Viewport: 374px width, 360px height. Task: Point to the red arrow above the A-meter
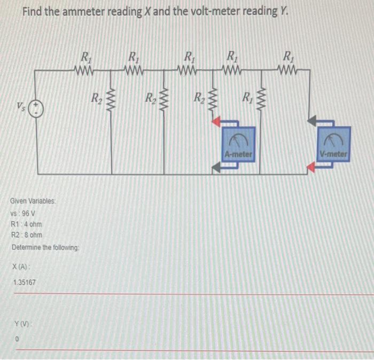click(x=217, y=122)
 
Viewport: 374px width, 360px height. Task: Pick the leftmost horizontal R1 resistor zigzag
click(x=84, y=69)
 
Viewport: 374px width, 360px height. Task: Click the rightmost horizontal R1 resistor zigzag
click(x=287, y=69)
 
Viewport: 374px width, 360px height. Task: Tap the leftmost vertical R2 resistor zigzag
click(x=111, y=98)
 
